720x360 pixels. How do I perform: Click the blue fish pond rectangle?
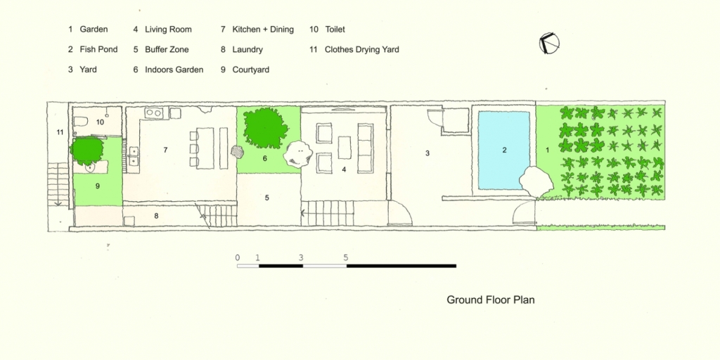click(503, 150)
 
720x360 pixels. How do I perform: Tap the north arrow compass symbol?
click(548, 43)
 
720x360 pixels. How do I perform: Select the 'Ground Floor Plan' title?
click(490, 300)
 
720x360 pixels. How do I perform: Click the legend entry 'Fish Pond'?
click(93, 49)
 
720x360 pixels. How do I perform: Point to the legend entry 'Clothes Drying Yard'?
click(354, 49)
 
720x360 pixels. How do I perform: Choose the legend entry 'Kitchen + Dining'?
click(257, 30)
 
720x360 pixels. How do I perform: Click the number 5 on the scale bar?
click(345, 257)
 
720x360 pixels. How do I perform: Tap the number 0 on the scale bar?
click(238, 257)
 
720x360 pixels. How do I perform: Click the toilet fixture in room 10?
click(81, 122)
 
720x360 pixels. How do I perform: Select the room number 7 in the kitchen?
click(165, 150)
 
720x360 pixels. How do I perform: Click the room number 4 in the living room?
click(344, 169)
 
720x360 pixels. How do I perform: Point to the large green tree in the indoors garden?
click(265, 128)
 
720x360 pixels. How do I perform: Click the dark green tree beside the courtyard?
click(86, 150)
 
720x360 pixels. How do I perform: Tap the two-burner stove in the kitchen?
click(153, 112)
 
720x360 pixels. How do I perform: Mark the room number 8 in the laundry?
click(156, 215)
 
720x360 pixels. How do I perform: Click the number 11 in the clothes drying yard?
click(60, 132)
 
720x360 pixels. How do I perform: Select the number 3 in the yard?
click(427, 153)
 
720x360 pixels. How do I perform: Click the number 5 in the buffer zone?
click(266, 198)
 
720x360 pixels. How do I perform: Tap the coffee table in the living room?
click(345, 148)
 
